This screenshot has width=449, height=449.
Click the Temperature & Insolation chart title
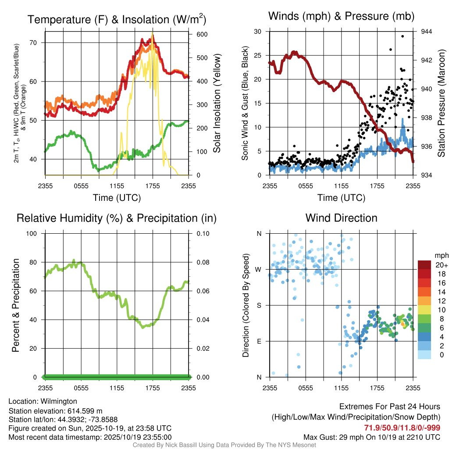click(x=117, y=20)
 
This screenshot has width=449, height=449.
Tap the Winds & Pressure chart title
click(x=341, y=17)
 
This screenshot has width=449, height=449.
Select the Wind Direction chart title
click(x=341, y=218)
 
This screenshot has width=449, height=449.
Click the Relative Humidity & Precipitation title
click(x=117, y=218)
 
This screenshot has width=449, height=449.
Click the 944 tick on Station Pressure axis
click(x=426, y=32)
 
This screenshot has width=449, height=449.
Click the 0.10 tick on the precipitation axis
click(x=203, y=233)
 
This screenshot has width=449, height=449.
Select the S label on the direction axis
click(x=259, y=305)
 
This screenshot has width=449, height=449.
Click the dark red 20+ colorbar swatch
click(x=426, y=265)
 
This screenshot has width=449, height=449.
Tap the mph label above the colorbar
click(x=441, y=255)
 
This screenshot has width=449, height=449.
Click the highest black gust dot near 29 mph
click(x=403, y=36)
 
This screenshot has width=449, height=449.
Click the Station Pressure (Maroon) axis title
click(x=442, y=103)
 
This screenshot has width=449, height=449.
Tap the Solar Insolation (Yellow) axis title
click(x=217, y=103)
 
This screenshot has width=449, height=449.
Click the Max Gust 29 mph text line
click(x=372, y=437)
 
